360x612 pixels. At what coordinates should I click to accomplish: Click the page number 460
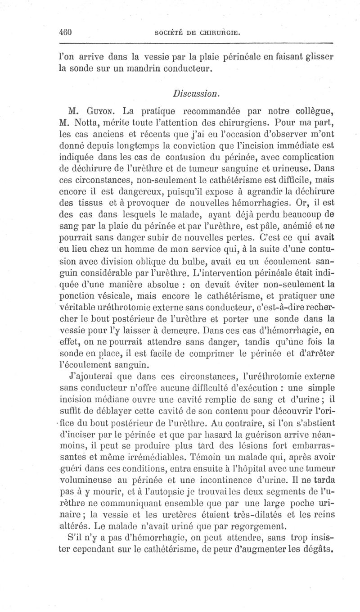pyautogui.click(x=66, y=32)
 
